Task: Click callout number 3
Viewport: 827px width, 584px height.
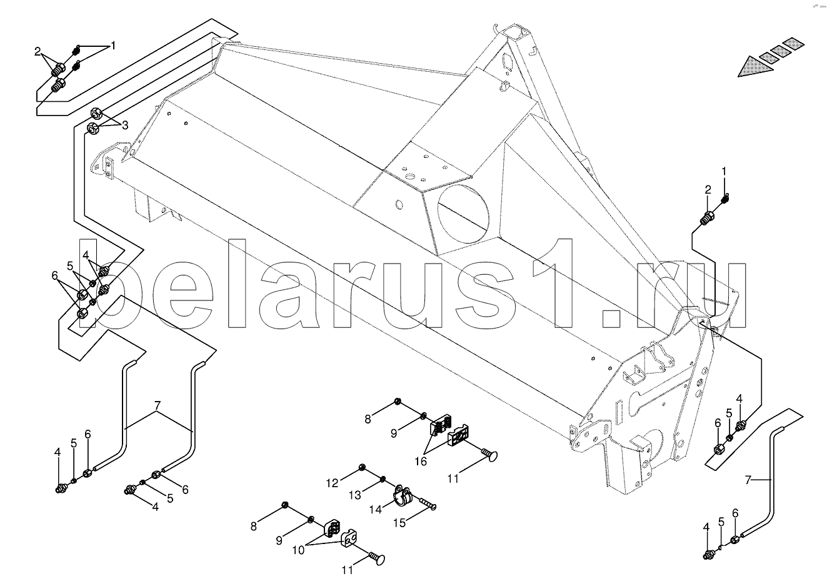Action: point(125,126)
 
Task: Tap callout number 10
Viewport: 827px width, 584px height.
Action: point(298,550)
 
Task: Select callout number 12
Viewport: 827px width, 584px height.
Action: point(332,483)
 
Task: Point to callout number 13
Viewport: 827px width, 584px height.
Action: point(355,495)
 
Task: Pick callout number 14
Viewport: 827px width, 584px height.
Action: point(376,510)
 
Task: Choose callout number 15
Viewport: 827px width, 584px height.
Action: point(399,523)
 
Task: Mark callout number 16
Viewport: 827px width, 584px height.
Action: point(421,461)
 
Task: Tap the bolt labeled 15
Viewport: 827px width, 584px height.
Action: point(428,503)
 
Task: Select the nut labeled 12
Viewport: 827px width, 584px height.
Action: point(363,467)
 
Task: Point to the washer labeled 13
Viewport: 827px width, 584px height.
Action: point(383,479)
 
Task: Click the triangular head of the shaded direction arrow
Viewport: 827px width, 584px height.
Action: point(755,66)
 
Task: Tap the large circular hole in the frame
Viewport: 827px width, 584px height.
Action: point(464,214)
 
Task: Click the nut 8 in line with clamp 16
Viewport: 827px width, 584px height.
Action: point(398,401)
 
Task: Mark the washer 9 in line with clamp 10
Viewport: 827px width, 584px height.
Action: point(311,520)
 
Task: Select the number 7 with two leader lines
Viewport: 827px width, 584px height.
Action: point(158,405)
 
